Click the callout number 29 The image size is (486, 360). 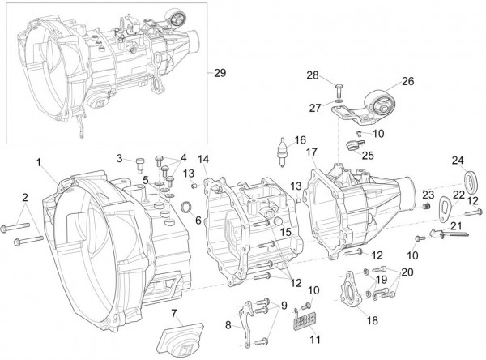[220, 72]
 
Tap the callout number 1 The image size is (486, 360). [38, 163]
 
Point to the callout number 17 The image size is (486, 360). [312, 152]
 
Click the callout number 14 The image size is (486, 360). [204, 158]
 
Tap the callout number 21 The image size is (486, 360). [457, 226]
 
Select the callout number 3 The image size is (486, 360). [118, 158]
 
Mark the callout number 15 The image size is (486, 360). [285, 232]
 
